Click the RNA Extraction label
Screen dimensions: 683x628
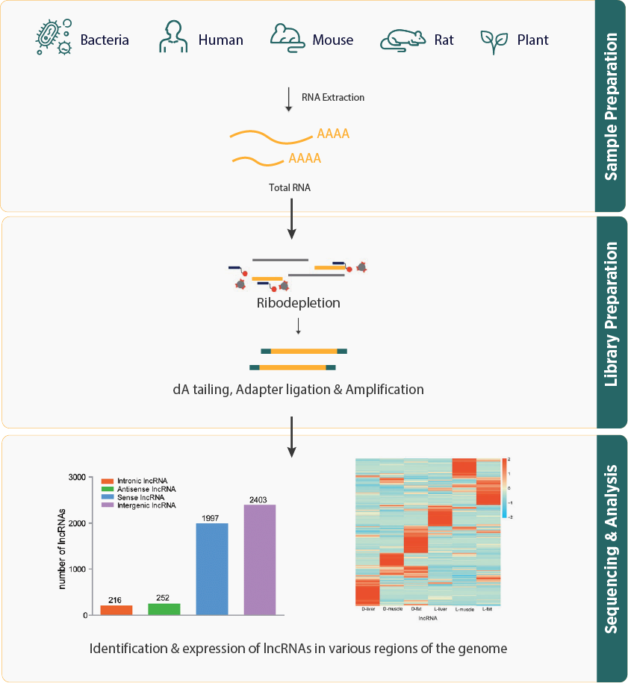[332, 97]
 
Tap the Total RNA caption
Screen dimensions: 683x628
[289, 188]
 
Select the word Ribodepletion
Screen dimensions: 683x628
[298, 304]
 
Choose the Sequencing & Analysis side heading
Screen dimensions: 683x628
[611, 549]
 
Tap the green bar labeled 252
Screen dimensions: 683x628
[164, 609]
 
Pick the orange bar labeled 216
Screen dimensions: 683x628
[116, 610]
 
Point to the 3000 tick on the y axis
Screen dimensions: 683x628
[77, 477]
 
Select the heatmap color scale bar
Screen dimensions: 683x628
[505, 487]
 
